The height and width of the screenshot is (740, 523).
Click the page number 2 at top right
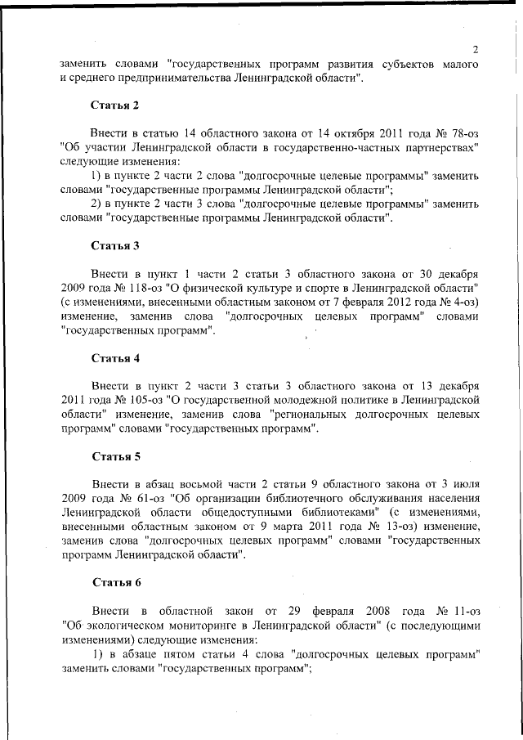(475, 49)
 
